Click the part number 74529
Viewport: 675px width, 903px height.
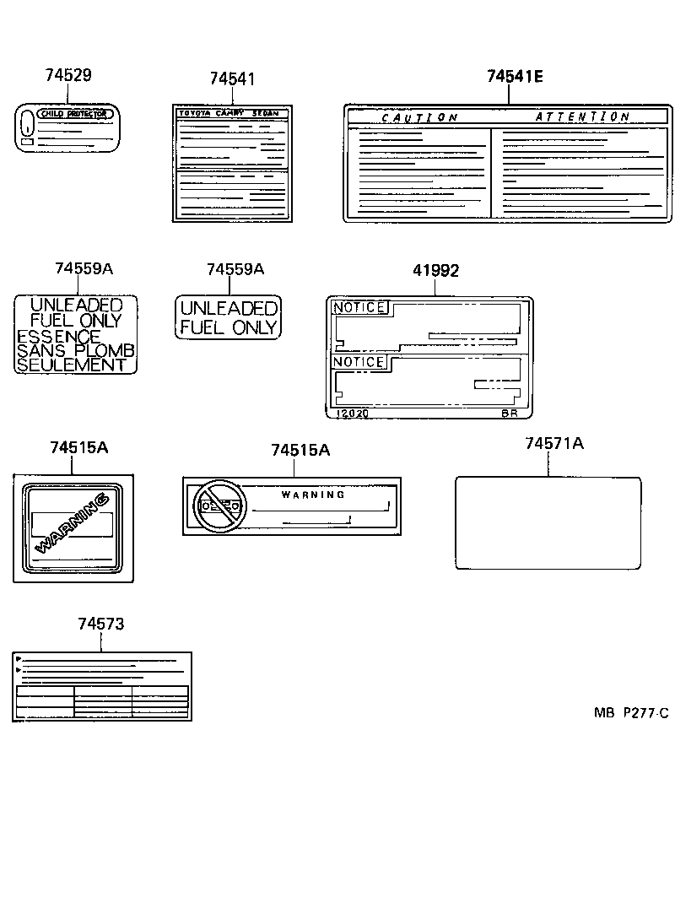tap(67, 75)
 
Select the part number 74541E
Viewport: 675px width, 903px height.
tap(515, 77)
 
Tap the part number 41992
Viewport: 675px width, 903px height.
tap(435, 271)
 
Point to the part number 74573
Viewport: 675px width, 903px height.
tap(100, 624)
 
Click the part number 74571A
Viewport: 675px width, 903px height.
tap(553, 444)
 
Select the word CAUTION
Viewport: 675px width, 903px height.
tap(419, 118)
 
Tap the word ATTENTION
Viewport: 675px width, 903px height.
tap(582, 117)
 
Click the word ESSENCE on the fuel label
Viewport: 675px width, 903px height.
tap(58, 336)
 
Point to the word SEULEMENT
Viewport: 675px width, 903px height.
tap(71, 365)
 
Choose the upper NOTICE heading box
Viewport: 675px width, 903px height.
tap(359, 308)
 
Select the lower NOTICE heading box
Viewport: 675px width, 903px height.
tap(359, 362)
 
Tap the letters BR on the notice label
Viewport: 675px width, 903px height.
tap(509, 414)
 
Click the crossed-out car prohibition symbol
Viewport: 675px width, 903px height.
tap(219, 506)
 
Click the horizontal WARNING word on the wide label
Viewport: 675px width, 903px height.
tap(313, 495)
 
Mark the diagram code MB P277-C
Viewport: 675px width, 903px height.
tap(630, 713)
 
